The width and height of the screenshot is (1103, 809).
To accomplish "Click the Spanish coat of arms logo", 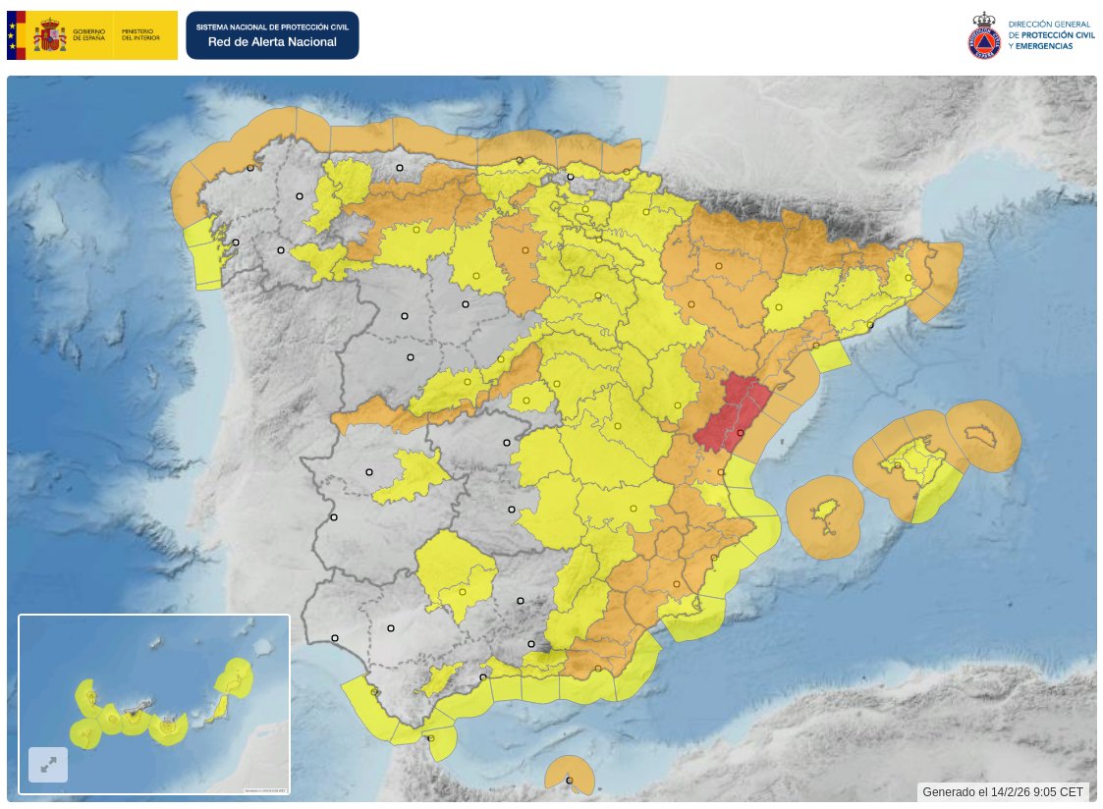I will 49,36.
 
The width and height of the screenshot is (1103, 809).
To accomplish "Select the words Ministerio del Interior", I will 140,35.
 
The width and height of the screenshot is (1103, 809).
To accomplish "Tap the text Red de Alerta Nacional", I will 272,42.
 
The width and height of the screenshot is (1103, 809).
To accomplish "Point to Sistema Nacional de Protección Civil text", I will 272,27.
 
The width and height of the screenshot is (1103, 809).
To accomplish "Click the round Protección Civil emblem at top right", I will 984,35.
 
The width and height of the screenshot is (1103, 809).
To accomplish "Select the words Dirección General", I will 1051,25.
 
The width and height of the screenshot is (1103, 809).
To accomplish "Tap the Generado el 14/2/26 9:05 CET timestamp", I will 1003,791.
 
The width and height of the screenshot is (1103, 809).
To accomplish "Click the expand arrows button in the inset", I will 48,764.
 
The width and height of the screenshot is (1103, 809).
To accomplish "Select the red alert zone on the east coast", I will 729,412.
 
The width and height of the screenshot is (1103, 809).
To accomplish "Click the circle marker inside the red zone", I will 740,433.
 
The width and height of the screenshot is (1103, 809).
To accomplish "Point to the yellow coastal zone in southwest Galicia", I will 205,256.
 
